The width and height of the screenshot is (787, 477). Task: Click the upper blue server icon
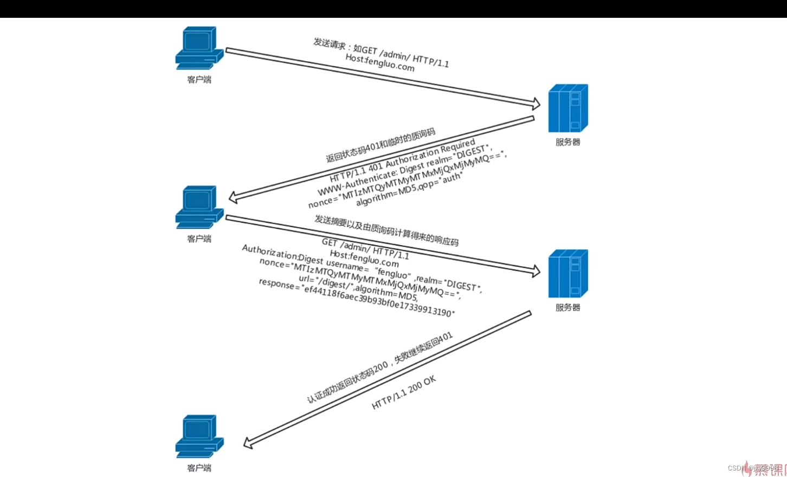[567, 108]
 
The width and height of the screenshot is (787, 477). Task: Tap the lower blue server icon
[567, 274]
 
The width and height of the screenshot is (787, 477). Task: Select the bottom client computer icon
[199, 436]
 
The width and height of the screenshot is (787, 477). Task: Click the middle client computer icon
[199, 207]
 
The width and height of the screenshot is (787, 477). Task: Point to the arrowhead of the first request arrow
[536, 104]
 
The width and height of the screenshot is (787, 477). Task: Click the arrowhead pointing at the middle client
[234, 198]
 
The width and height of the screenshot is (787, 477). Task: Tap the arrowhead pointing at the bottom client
[248, 443]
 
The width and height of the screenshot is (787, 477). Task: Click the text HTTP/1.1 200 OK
[404, 392]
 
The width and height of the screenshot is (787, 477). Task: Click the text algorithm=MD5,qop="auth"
[409, 190]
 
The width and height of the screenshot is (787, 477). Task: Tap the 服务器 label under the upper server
[567, 142]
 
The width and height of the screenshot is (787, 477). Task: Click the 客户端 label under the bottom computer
[199, 468]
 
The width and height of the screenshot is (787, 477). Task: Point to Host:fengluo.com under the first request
[379, 63]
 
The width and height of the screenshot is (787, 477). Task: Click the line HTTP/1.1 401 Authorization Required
[402, 161]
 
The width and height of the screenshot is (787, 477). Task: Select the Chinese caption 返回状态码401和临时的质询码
[380, 146]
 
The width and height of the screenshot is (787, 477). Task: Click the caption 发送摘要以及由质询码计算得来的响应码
[386, 230]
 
